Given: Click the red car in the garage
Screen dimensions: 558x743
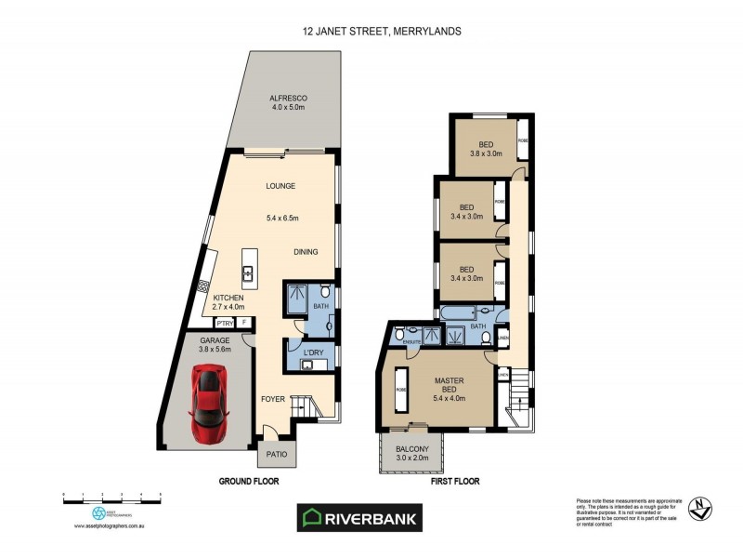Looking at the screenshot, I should pos(210,404).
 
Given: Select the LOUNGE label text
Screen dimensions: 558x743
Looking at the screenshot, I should pos(280,186).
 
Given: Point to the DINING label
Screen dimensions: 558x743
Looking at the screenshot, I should pos(306,251).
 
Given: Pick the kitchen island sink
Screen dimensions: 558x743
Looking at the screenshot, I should pos(249,272).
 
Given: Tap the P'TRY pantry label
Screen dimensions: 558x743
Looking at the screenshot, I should pos(224,323).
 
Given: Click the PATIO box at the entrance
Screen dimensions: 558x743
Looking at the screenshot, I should pos(277,454).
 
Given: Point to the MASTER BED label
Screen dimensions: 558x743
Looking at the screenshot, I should pos(449,387).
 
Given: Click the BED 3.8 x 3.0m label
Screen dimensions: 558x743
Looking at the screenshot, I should pos(485,149).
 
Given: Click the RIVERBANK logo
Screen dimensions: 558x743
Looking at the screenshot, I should pos(358,518).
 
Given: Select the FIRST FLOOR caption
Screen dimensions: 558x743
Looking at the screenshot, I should pos(455,482).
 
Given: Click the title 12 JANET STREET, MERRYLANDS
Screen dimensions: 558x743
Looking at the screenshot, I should pos(382,31).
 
